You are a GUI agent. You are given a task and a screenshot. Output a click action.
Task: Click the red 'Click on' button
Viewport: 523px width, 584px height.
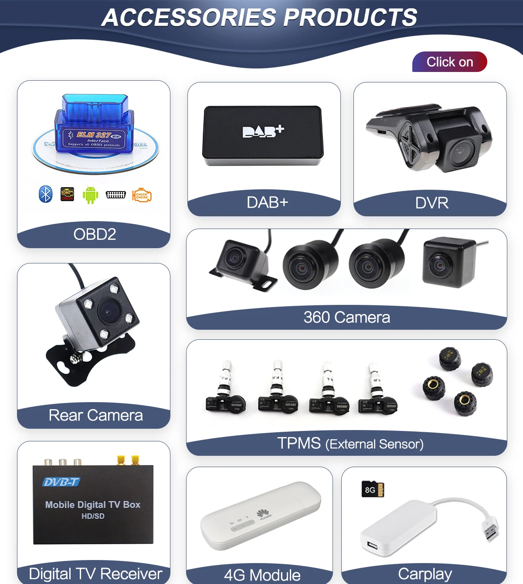point(449,62)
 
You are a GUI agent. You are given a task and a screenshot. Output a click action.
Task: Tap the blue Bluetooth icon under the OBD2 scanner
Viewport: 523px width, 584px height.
point(45,194)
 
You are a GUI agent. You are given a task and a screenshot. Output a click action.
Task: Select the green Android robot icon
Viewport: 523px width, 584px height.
point(90,195)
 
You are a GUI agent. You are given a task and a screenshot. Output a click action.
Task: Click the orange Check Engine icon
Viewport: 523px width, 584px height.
point(142,195)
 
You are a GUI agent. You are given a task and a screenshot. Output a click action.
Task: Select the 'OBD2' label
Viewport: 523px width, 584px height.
point(95,234)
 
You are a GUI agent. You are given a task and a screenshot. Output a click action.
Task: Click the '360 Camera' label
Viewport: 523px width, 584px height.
point(346,317)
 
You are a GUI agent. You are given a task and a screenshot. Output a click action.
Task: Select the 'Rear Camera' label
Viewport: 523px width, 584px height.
point(95,415)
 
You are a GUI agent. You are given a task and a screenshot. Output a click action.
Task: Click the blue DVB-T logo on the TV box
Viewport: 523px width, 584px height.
point(61,482)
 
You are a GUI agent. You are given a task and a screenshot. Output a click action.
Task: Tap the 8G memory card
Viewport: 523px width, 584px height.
point(373,489)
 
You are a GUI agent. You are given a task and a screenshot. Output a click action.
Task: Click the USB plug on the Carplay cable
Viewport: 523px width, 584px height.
point(491,529)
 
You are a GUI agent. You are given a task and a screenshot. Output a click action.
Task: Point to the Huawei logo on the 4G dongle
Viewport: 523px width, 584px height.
point(263,514)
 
